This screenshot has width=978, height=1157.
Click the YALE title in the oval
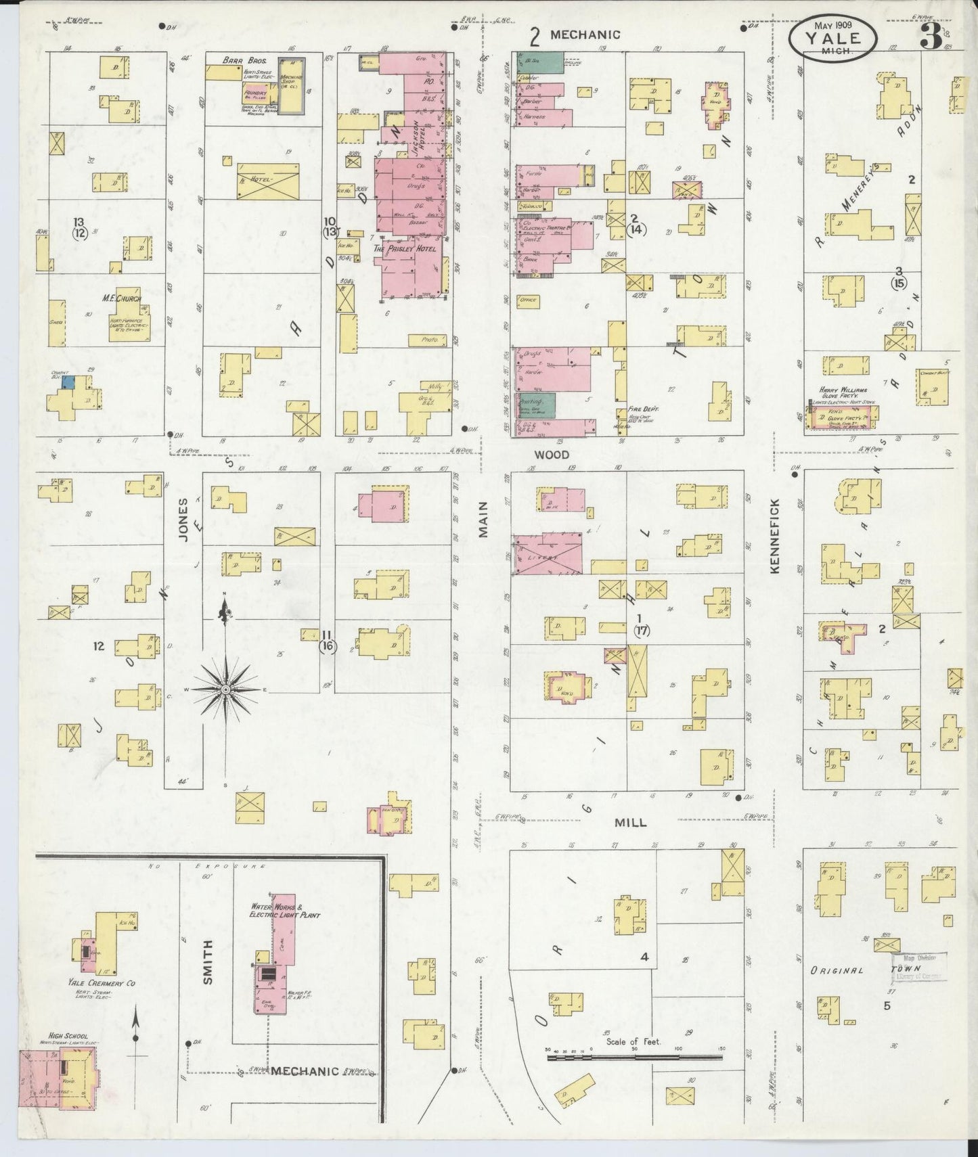[x=832, y=38]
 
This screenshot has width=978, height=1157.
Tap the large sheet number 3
[x=931, y=38]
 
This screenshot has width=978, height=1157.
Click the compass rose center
[x=225, y=689]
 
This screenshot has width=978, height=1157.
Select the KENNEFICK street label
[x=775, y=537]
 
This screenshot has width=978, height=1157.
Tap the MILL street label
[x=630, y=823]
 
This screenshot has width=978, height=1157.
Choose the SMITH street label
[x=207, y=961]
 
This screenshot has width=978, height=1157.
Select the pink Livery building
[x=548, y=554]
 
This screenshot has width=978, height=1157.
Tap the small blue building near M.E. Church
[x=68, y=382]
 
